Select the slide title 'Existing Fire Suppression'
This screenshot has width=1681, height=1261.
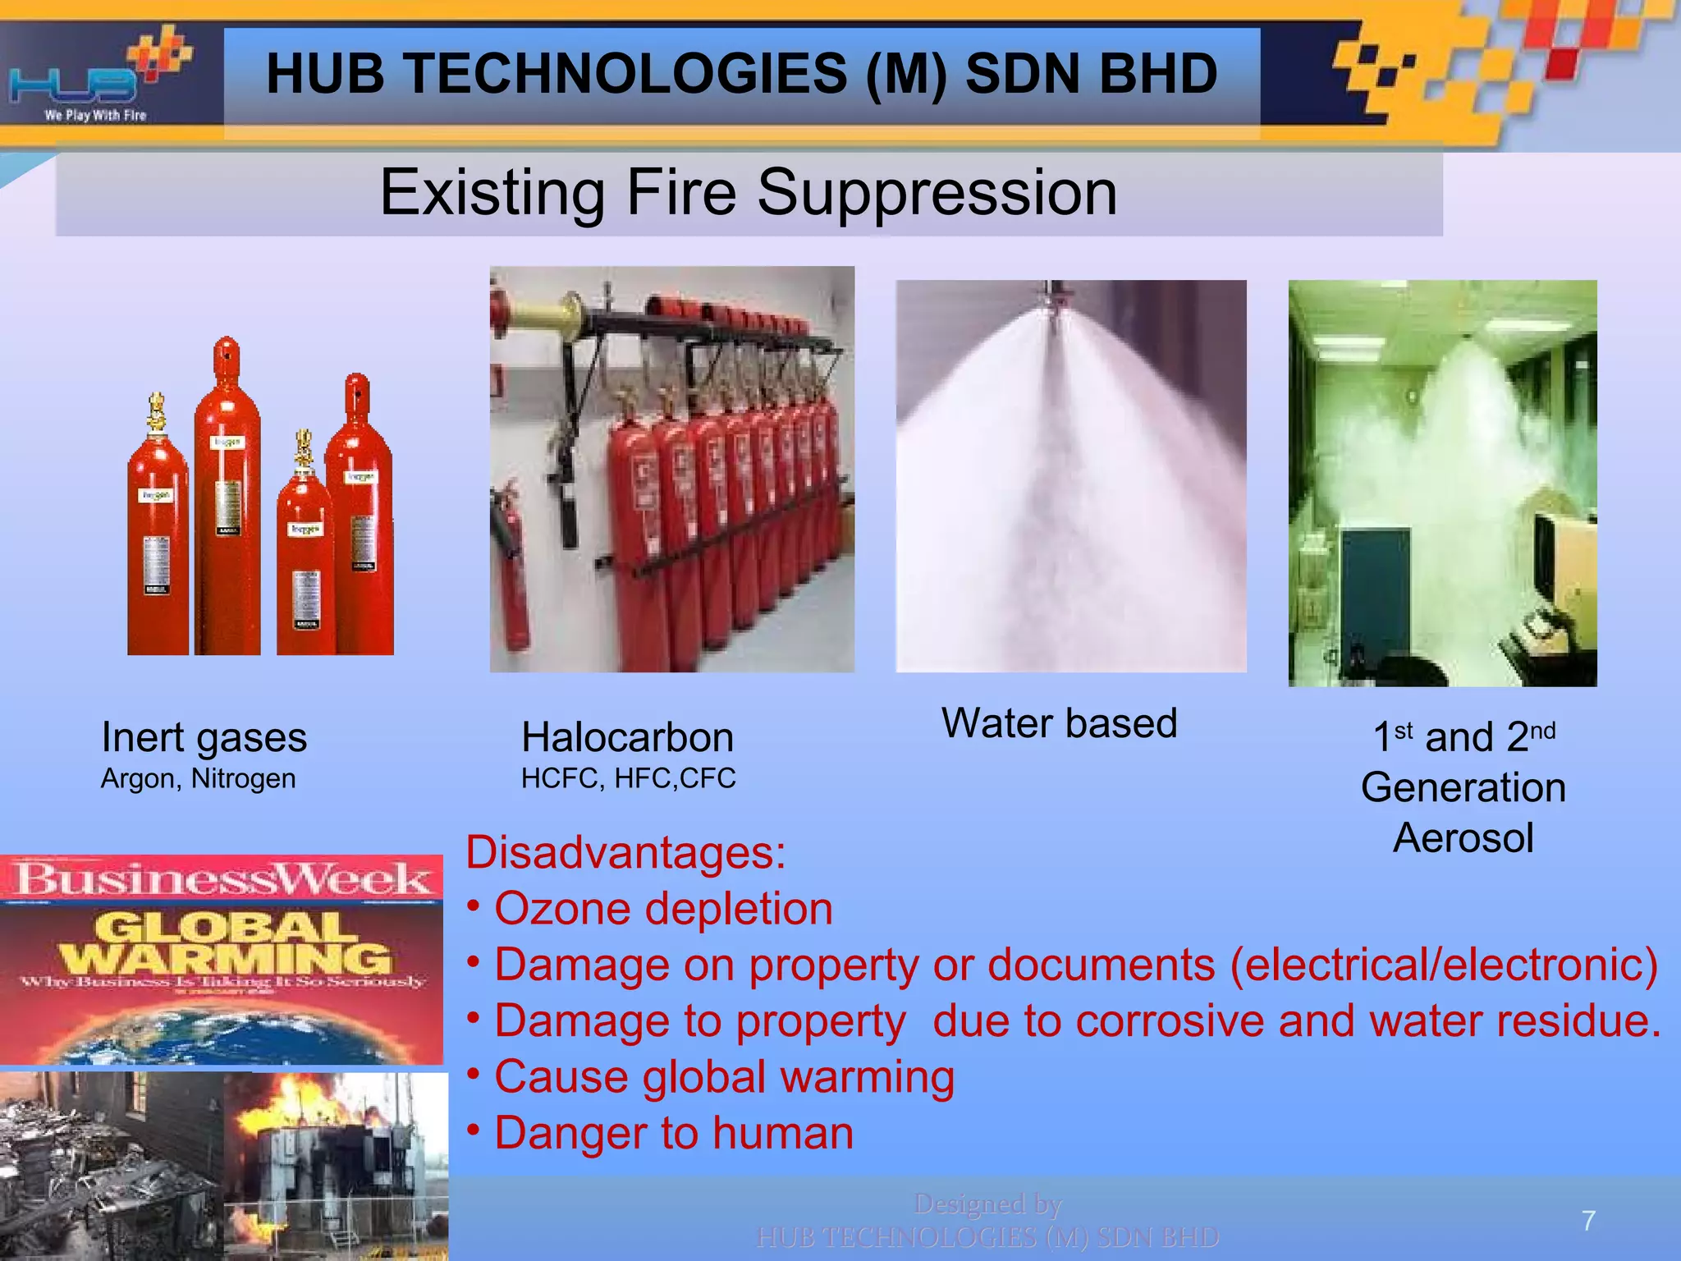[748, 192]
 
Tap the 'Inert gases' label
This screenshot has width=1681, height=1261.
[204, 737]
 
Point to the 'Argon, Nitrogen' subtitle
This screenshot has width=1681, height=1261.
[198, 778]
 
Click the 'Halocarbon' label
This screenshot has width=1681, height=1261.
[627, 737]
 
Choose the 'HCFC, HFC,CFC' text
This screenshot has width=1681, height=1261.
[628, 778]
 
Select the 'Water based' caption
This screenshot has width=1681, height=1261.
[1059, 723]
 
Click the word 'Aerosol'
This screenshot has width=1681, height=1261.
[1463, 838]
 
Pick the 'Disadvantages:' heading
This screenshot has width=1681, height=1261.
[625, 852]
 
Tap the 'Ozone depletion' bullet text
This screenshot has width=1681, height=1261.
[663, 909]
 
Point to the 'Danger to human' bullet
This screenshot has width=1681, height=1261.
[673, 1133]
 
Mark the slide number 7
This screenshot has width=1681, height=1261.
[1588, 1221]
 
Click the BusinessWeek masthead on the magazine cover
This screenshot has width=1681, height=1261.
[222, 878]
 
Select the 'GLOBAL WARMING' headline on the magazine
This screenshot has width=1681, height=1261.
[223, 944]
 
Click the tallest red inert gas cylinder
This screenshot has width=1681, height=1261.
[227, 501]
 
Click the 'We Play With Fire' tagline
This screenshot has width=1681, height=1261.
[95, 116]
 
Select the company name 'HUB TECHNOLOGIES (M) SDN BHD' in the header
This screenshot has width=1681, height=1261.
[741, 74]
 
